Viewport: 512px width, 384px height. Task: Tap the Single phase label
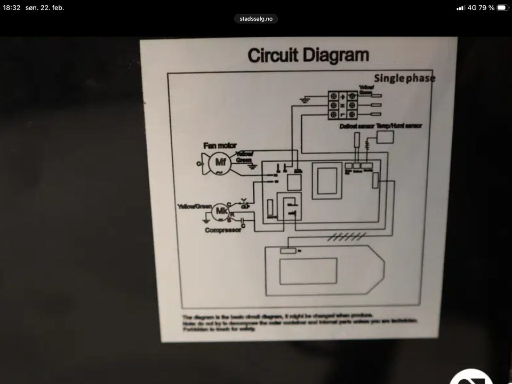coord(404,78)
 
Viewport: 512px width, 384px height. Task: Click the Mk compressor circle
coord(221,212)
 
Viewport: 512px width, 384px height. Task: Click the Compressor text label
coord(222,230)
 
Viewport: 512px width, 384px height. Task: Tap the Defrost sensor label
coord(356,126)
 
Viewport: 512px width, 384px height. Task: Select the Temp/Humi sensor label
coord(399,126)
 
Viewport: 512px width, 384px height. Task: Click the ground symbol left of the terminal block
coord(305,99)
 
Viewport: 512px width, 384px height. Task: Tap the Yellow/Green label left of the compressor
coord(194,206)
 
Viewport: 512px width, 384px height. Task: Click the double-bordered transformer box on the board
coord(326,180)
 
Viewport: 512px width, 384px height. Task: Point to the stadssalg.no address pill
coord(256,19)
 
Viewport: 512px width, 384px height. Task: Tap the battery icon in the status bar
coord(502,7)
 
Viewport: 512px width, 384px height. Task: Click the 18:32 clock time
coord(11,7)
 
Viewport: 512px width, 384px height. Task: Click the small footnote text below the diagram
coord(299,323)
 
